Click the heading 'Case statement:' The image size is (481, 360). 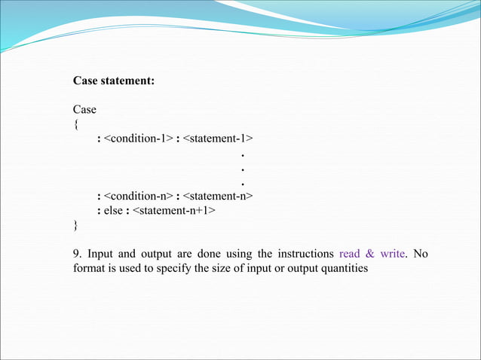(114, 81)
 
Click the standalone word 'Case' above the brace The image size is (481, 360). (84, 110)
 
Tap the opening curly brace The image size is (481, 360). (75, 124)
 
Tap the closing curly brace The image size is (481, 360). (75, 225)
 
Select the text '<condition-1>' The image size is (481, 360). (138, 139)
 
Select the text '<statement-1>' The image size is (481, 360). (218, 139)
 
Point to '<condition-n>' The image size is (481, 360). (138, 197)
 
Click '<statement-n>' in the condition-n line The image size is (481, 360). (218, 197)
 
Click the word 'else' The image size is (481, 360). (115, 211)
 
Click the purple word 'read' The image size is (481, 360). (350, 254)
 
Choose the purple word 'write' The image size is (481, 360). (393, 254)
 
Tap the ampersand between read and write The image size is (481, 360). (370, 254)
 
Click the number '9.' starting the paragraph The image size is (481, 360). (77, 254)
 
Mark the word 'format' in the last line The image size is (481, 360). (89, 268)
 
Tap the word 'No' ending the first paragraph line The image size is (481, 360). (421, 254)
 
